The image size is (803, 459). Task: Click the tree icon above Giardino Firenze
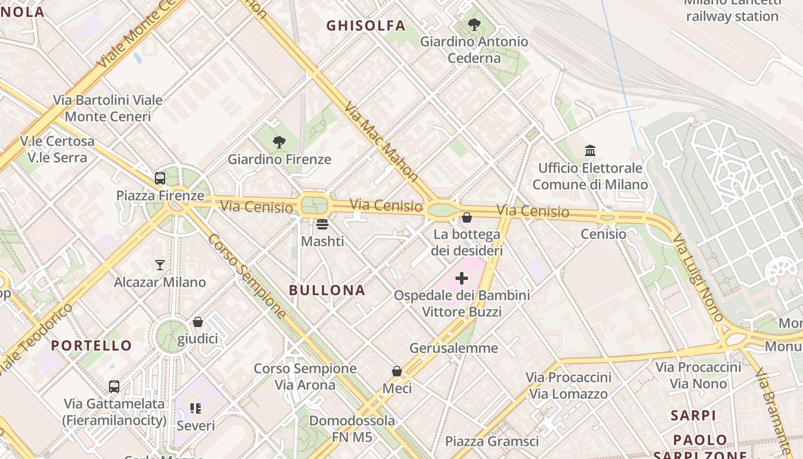pos(279,142)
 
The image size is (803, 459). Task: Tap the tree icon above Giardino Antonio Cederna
pos(474,24)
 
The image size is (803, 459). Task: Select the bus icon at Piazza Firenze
pos(160,178)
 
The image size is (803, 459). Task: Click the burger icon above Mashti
pos(322,224)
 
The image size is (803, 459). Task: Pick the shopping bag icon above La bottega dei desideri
pos(467,217)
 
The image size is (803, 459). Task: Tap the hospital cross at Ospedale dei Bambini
pos(462,279)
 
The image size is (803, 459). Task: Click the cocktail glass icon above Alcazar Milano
pos(160,264)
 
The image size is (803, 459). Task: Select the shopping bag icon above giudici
pos(198,322)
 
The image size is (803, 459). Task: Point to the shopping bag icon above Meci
pos(397,371)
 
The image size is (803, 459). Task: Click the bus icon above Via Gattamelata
pos(114,386)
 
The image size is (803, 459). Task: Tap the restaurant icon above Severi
pos(196,409)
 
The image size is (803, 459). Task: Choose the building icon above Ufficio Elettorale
pos(590,151)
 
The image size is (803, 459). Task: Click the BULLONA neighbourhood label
pos(327,290)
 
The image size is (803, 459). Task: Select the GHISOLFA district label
pos(366,26)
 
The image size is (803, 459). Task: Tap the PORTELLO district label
pos(91,345)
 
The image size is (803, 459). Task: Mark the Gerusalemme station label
pos(454,348)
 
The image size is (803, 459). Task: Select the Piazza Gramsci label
pos(492,441)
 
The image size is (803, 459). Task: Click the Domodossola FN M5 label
pos(352,429)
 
